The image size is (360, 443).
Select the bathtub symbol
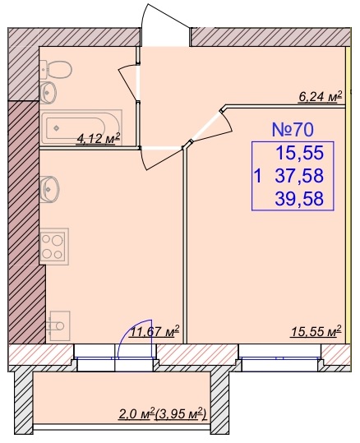coord(81,127)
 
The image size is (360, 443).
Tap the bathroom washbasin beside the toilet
coord(48,92)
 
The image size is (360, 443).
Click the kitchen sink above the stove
coord(49,189)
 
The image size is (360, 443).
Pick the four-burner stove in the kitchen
coord(54,247)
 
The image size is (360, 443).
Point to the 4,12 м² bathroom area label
coord(98,139)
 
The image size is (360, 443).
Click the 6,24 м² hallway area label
coord(321,97)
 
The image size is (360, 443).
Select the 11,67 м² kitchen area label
coord(155,331)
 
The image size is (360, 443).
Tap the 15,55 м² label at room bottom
coord(316,331)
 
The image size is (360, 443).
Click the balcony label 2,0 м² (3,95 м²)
coord(162,414)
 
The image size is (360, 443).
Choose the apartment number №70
coord(293,130)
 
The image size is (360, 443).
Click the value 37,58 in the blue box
coord(299,176)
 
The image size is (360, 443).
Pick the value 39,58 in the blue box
coord(299,199)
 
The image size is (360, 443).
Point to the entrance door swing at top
coord(165,25)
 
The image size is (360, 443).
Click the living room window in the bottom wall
coord(280,358)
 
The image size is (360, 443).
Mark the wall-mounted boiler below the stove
coord(59,325)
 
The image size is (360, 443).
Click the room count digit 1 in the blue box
coord(257,176)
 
